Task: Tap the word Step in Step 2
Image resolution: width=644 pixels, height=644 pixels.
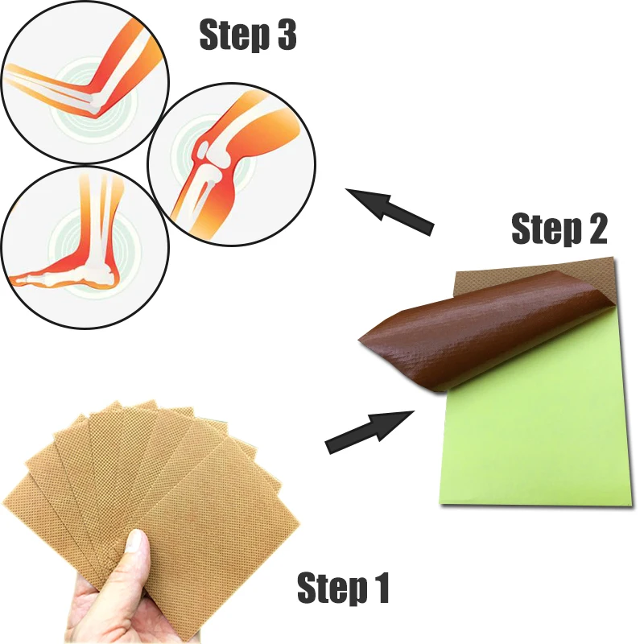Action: (x=544, y=231)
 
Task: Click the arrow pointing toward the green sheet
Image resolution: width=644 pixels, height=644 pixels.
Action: (x=369, y=431)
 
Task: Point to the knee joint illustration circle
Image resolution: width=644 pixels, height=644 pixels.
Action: (x=225, y=165)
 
